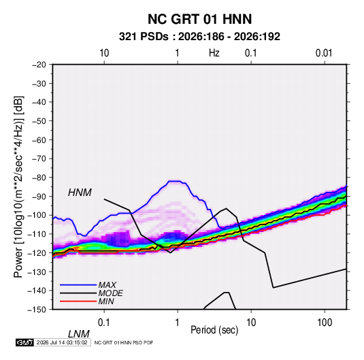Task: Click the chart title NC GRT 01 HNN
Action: click(199, 19)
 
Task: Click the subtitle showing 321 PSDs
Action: click(199, 37)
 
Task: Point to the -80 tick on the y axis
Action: click(39, 178)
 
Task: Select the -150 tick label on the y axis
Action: click(37, 310)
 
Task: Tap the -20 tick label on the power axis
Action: click(39, 65)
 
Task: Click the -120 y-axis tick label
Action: click(37, 252)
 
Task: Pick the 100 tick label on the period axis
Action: click(325, 323)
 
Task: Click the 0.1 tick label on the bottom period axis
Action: click(104, 323)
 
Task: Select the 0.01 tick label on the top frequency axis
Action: click(324, 53)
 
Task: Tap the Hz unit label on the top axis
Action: click(214, 53)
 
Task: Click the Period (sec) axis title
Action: click(214, 330)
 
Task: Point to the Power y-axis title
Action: click(18, 186)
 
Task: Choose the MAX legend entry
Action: click(107, 285)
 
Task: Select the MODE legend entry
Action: click(110, 293)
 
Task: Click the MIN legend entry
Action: click(106, 301)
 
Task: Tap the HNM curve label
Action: click(80, 193)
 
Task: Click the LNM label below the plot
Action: click(79, 334)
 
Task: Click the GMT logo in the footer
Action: click(24, 342)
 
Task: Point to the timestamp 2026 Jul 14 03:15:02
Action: click(62, 342)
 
